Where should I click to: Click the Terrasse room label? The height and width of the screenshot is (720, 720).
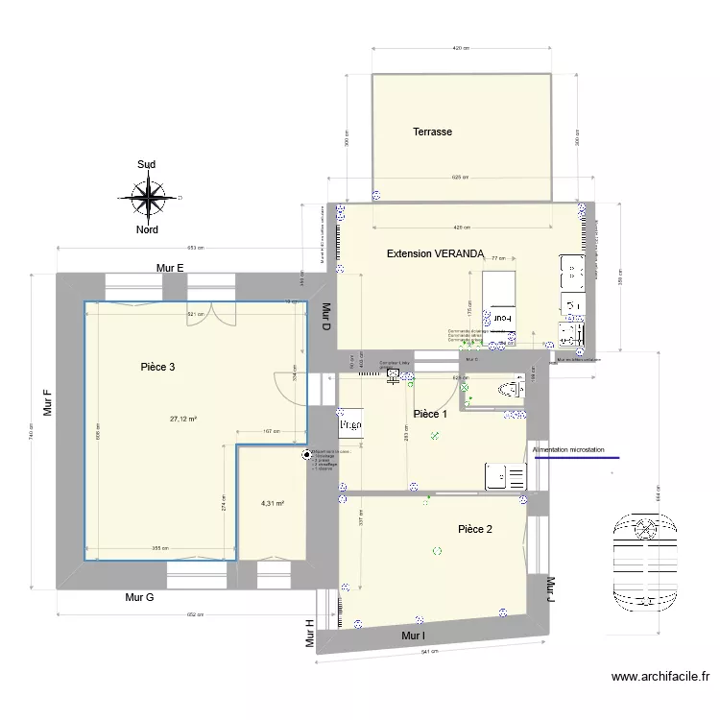[x=432, y=132]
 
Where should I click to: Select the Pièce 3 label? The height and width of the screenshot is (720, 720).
[x=157, y=367]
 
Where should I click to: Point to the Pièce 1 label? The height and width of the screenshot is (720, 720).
[x=430, y=414]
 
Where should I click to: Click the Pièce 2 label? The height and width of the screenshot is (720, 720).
[x=475, y=529]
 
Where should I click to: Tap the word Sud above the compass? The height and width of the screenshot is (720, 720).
[x=147, y=165]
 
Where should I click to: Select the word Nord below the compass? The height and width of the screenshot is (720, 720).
[x=147, y=230]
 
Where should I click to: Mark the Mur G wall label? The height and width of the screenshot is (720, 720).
[x=140, y=597]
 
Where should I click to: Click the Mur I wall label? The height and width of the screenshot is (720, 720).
[x=414, y=636]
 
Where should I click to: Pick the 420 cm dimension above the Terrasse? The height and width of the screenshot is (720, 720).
[x=461, y=46]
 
